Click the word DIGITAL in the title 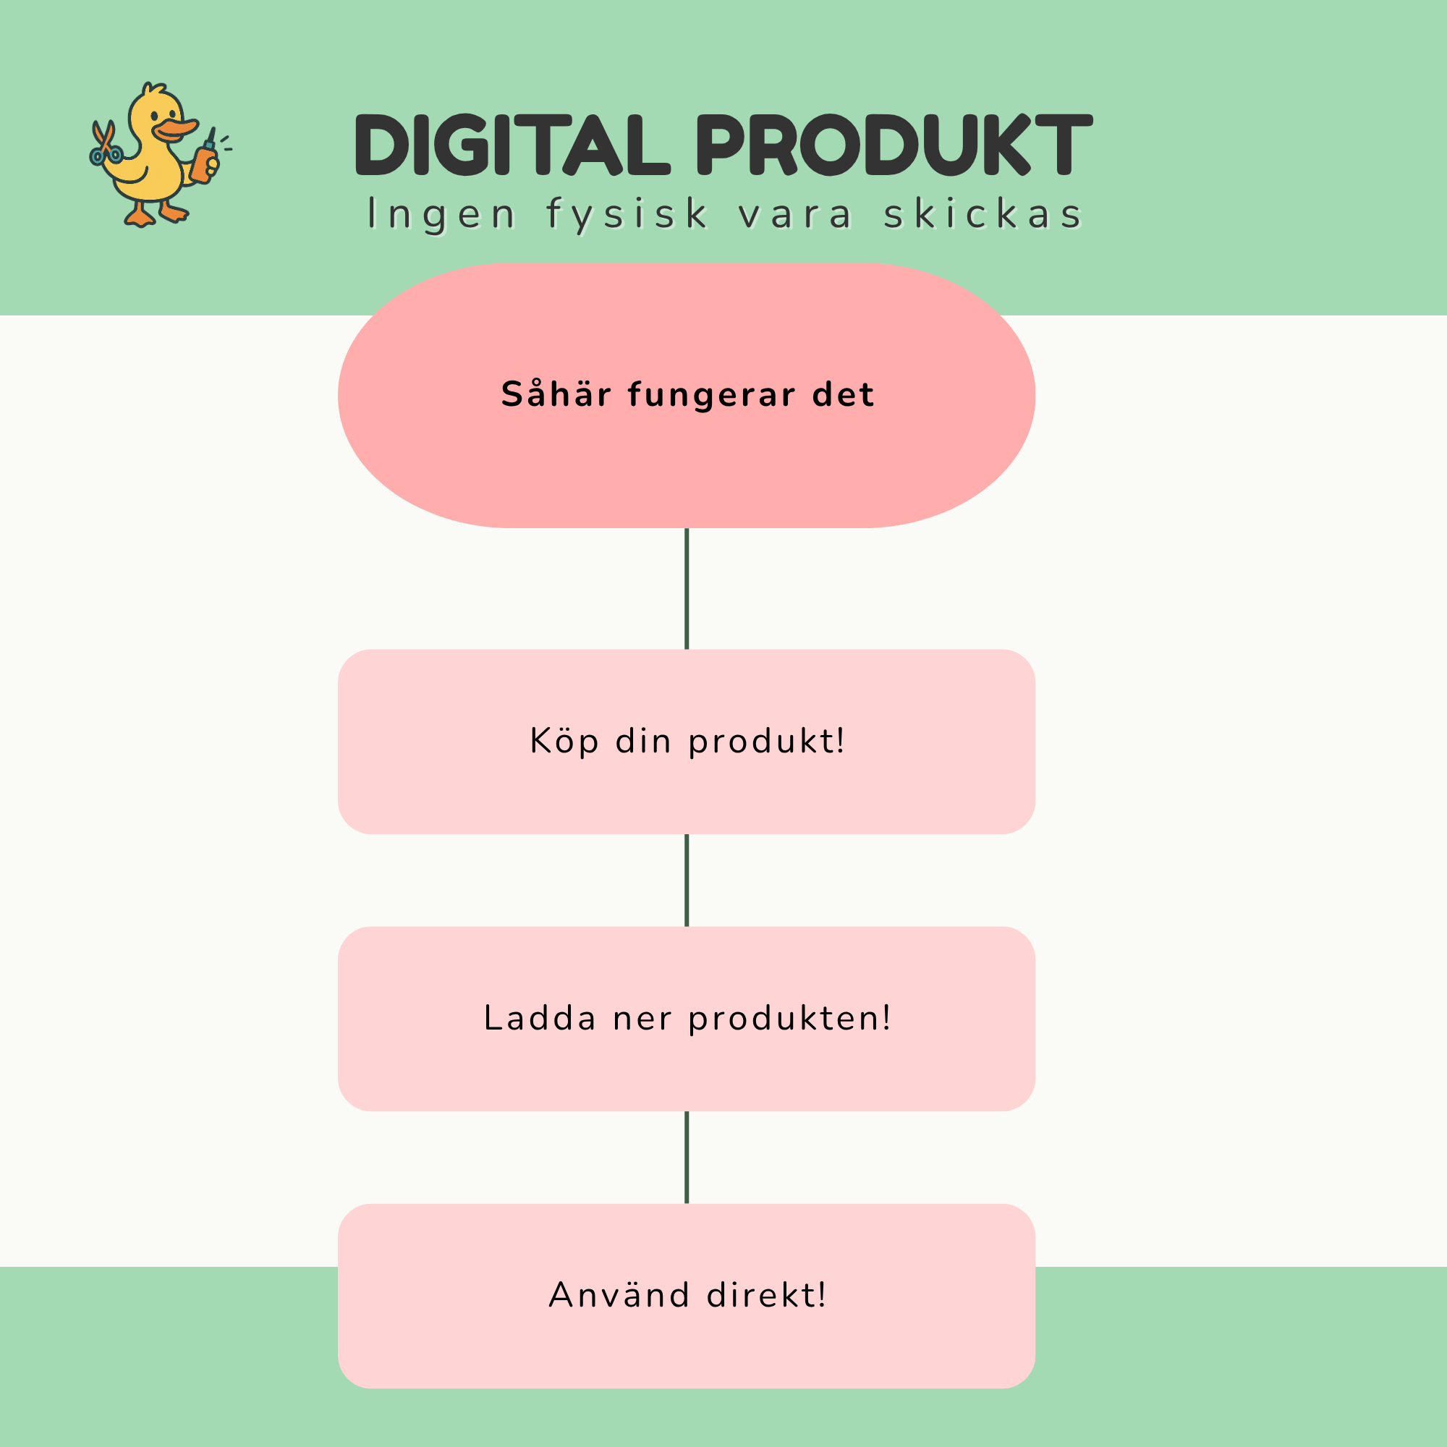tap(512, 145)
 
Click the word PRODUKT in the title tap(894, 145)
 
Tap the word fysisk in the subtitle tap(627, 215)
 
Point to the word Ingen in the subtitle tap(442, 215)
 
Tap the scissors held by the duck tap(105, 143)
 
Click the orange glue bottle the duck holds tap(205, 158)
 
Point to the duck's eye tap(154, 116)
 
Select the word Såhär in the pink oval tap(556, 394)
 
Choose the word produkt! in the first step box tap(766, 742)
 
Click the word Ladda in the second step tap(540, 1018)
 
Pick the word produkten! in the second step tap(789, 1019)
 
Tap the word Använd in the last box tap(619, 1295)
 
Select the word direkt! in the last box tap(766, 1295)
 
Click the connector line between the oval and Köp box tap(687, 589)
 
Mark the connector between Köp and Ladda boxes tap(687, 880)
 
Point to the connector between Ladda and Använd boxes tap(687, 1157)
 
